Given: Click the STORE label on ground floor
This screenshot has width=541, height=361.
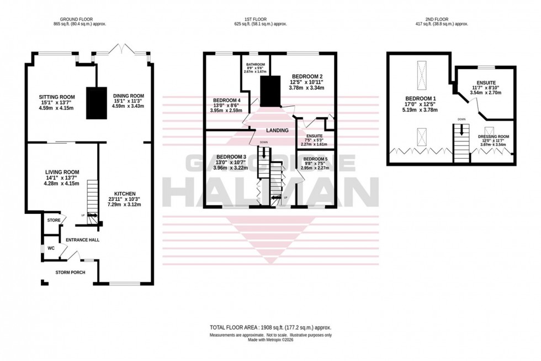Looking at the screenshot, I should coord(54,220).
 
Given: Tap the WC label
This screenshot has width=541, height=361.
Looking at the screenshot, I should coord(51,248).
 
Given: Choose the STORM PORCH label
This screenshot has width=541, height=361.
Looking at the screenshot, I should coord(70,273).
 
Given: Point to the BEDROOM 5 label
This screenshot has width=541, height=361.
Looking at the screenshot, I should coord(315,159).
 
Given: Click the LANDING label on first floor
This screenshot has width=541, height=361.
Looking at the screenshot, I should coord(277,130).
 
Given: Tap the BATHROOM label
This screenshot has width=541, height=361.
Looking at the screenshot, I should coord(255,64).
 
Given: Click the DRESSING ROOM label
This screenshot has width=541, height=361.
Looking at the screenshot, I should coord(494,137).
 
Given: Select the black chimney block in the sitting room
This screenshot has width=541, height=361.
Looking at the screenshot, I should coord(96,103).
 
